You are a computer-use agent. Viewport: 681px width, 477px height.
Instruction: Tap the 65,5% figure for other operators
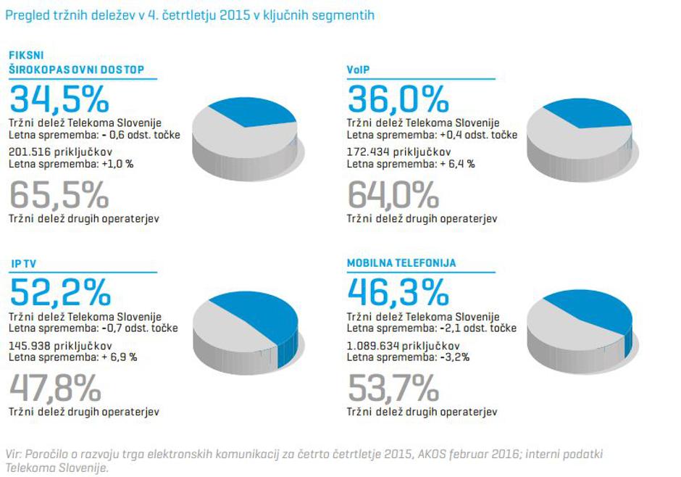tap(59, 194)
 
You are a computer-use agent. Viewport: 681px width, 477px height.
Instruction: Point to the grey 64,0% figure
tap(393, 194)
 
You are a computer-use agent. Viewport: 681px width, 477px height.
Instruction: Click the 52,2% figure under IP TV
tap(60, 291)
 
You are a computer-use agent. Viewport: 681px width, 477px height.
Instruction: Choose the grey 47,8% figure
tap(55, 388)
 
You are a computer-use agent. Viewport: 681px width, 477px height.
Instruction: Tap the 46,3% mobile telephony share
tap(398, 291)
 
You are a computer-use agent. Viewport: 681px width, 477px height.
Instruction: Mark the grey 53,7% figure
tap(393, 388)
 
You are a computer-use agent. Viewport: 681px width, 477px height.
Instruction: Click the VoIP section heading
tap(358, 70)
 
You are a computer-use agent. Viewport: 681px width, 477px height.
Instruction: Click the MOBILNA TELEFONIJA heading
tap(401, 263)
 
